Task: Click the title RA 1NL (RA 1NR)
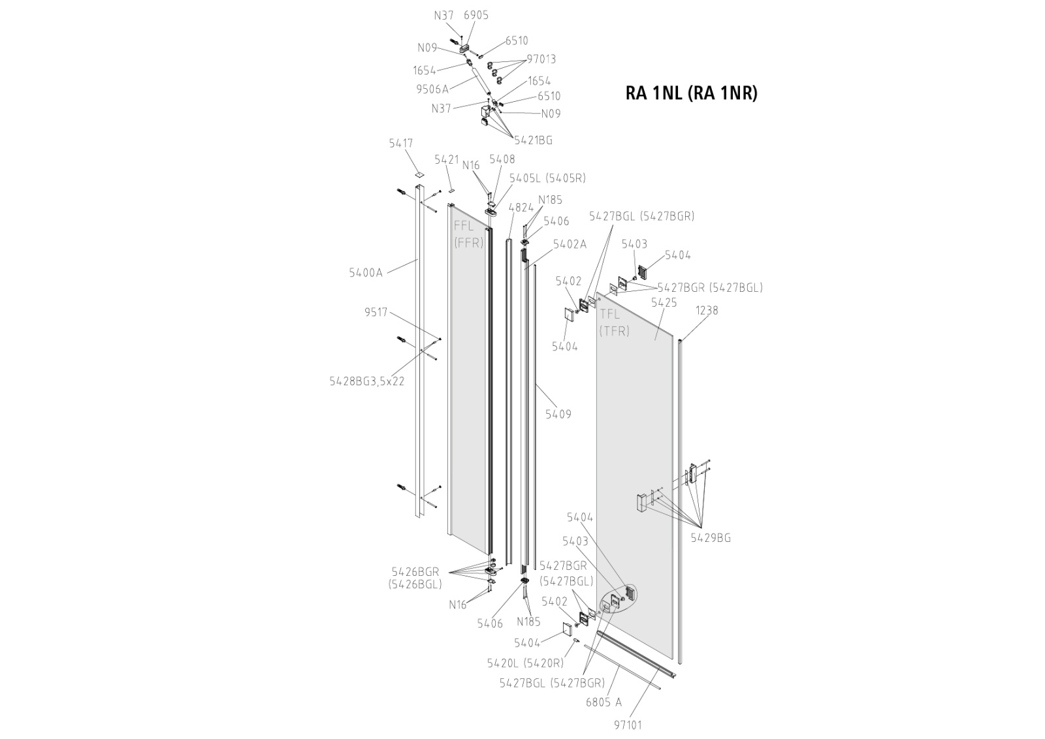[691, 93]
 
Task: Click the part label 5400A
[366, 273]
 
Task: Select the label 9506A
[432, 89]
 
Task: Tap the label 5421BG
[533, 140]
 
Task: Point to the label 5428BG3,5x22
[366, 381]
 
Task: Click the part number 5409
[558, 414]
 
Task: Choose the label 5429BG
[711, 538]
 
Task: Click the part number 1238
[707, 310]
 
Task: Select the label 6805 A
[604, 702]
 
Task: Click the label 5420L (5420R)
[524, 663]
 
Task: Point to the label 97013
[541, 59]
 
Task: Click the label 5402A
[570, 244]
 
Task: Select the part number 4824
[521, 208]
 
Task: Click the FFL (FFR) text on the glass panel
[468, 234]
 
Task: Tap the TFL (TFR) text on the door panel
[614, 322]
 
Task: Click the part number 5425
[664, 303]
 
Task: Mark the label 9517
[376, 313]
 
